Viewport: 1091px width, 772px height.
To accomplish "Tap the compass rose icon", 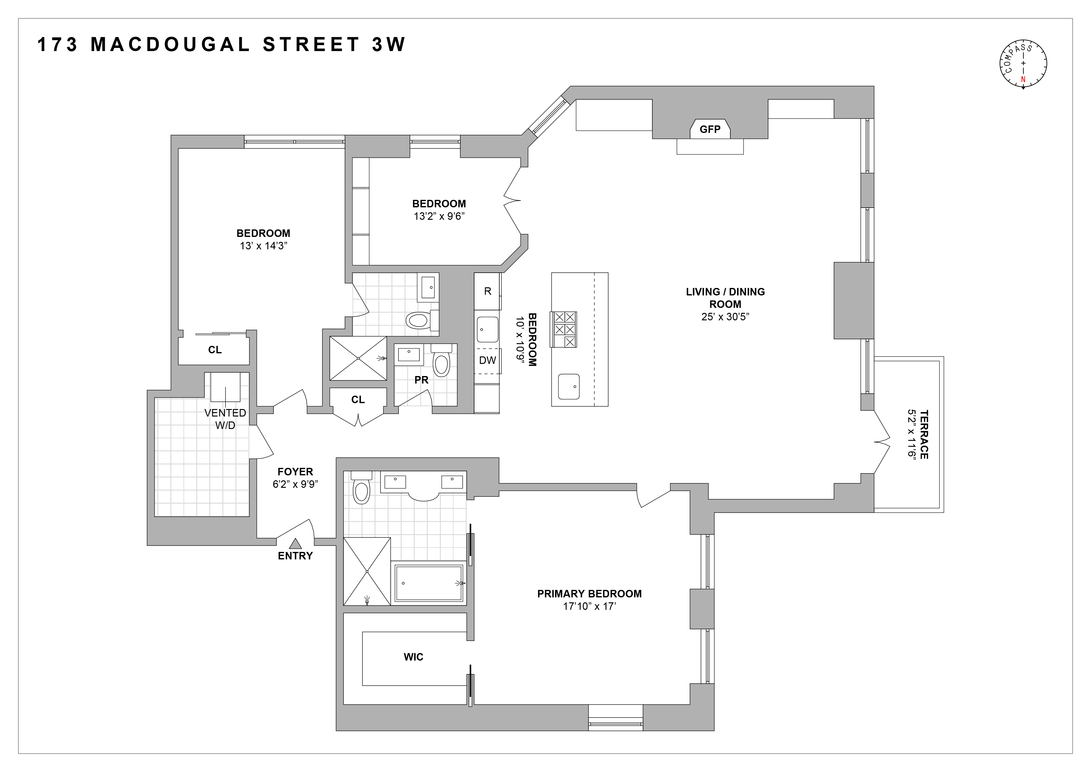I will tap(1023, 63).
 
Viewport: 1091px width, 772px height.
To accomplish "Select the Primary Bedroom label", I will tap(589, 594).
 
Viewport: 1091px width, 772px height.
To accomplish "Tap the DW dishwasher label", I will tap(487, 360).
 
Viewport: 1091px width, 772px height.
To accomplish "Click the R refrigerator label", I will tap(487, 291).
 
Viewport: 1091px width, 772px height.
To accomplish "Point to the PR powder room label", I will tap(421, 380).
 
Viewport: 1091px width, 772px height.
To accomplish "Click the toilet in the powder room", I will tap(441, 364).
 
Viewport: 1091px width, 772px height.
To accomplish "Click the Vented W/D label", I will tap(225, 419).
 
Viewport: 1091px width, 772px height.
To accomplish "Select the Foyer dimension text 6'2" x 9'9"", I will tap(295, 484).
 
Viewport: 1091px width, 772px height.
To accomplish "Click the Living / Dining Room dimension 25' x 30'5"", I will tap(725, 317).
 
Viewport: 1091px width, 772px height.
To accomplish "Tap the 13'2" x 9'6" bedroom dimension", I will tap(439, 216).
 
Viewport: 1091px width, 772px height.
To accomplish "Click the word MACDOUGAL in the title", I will tap(170, 45).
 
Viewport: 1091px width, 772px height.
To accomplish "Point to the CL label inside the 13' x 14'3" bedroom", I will tap(215, 350).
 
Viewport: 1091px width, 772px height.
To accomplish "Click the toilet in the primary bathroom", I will tap(361, 490).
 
